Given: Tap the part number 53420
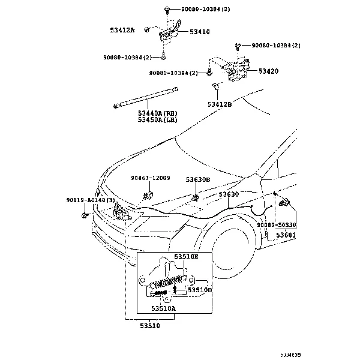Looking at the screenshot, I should (268, 71).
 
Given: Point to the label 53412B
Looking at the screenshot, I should (220, 104).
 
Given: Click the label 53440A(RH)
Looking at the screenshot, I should (157, 113).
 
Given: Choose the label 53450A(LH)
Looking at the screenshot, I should (157, 119).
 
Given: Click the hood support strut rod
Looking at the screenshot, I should (146, 97).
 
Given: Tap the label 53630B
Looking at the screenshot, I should (198, 179).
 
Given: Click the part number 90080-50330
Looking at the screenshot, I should (293, 224).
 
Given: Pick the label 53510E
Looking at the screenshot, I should (186, 256).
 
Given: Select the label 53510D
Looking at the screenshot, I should (200, 290).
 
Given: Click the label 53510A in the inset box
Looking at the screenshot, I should (163, 308).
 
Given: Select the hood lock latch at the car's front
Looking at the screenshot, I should (121, 211).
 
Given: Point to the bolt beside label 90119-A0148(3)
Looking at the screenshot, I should (87, 214).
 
